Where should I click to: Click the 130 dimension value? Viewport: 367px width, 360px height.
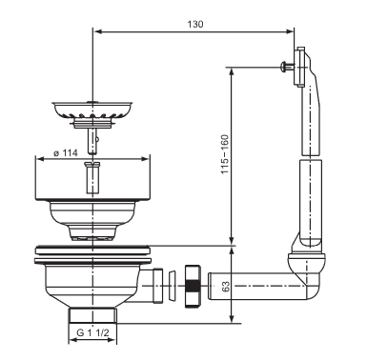coord(195,24)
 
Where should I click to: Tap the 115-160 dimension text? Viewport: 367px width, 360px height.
coord(225,154)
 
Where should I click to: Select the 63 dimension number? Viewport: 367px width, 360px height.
coord(226,287)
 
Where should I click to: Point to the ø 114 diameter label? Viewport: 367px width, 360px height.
coord(66,153)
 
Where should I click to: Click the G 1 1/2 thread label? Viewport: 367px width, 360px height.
coord(92,332)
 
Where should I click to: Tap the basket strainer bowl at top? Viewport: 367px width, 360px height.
coord(92,110)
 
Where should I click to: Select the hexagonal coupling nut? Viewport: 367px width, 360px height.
coord(193,286)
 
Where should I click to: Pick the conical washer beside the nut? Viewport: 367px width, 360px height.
coord(172,286)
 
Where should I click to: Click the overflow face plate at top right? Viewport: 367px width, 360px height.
coord(299,67)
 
